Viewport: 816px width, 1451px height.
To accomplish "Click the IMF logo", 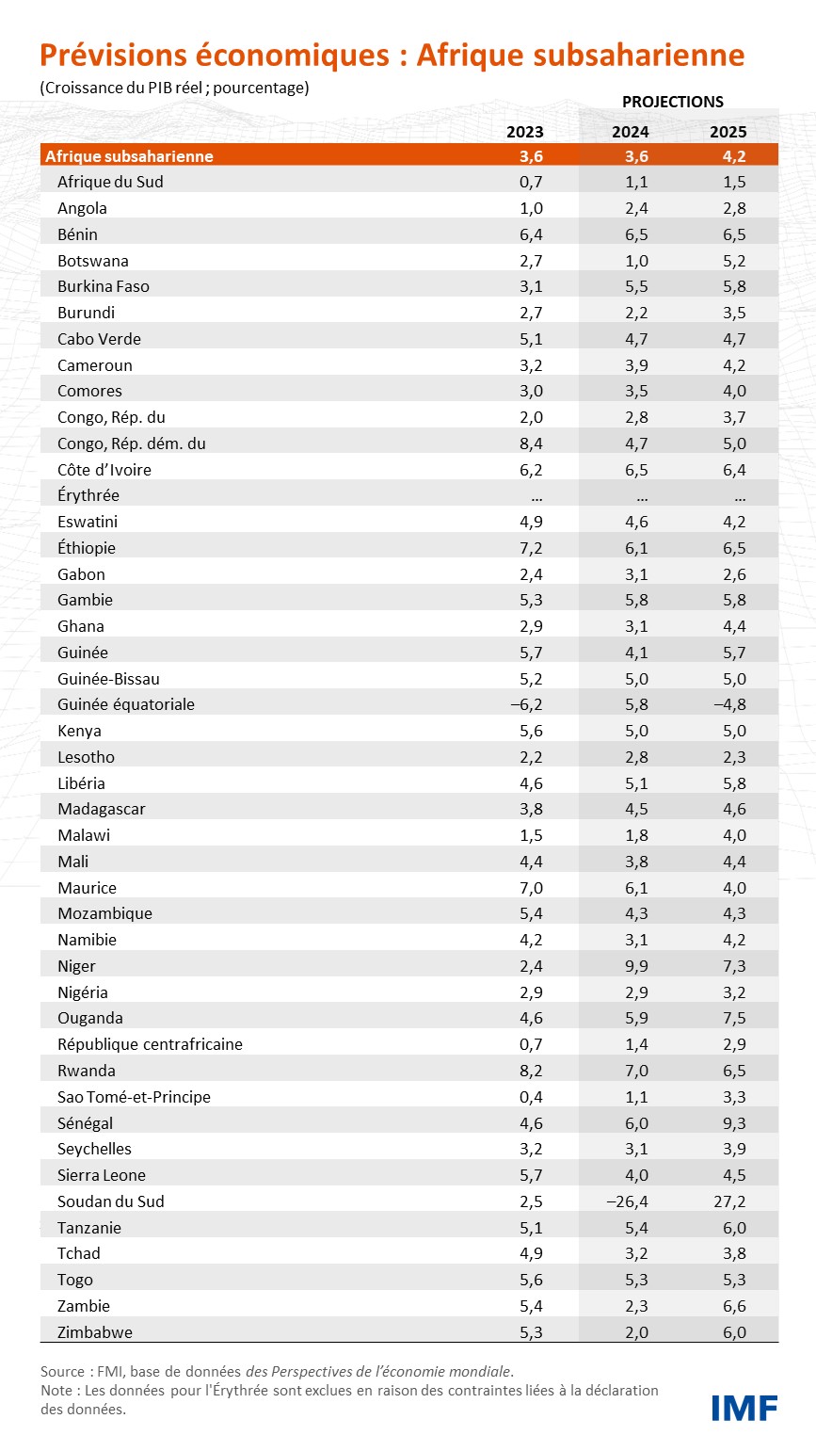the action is (x=744, y=1408).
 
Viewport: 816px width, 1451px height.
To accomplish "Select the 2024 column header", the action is (x=631, y=132).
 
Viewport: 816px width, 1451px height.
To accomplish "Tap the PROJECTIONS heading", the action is (x=673, y=102).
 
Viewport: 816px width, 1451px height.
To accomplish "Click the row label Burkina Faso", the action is (x=103, y=286).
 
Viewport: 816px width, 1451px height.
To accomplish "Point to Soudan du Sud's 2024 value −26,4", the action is (x=627, y=1201).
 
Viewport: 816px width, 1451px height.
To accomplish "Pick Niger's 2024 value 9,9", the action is (x=636, y=966).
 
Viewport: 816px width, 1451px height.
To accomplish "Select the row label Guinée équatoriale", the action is (x=125, y=704).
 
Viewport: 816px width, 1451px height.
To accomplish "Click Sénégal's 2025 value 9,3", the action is (x=734, y=1123).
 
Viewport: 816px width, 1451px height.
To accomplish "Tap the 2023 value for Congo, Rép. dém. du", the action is (x=531, y=443).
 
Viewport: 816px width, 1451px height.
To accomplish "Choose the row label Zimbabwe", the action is (x=94, y=1332).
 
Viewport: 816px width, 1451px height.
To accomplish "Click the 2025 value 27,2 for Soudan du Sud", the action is (x=729, y=1201).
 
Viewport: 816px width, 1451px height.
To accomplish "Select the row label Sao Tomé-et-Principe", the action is (x=134, y=1097).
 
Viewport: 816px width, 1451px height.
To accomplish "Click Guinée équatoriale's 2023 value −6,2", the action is (x=526, y=704).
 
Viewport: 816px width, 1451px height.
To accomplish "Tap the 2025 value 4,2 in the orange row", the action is (x=734, y=156).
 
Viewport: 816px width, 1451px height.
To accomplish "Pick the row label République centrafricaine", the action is (x=151, y=1044).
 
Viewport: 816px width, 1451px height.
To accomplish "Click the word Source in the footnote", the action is (x=63, y=1371).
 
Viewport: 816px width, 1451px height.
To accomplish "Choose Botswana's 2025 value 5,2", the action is (x=734, y=261).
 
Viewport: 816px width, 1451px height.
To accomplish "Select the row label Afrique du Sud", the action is (x=110, y=182).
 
